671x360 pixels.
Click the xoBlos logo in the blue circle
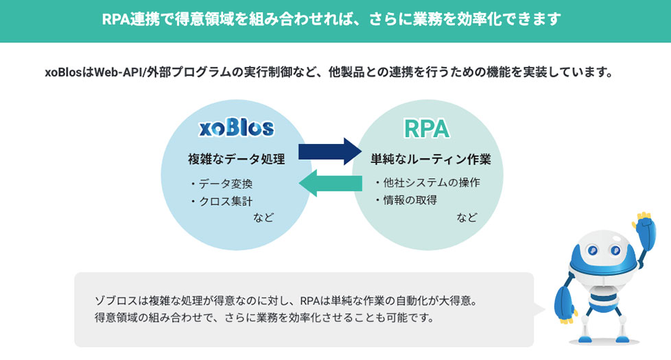point(236,128)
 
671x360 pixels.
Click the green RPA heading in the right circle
point(427,129)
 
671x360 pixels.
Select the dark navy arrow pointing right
point(329,152)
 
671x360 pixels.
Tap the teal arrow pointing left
point(331,183)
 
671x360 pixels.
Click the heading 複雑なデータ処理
point(236,159)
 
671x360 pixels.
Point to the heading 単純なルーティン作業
point(430,159)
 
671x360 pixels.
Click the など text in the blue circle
point(263,217)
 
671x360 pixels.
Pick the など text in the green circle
point(467,217)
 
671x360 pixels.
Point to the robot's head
point(604,253)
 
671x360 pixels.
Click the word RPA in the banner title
point(115,19)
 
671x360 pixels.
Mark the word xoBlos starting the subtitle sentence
point(63,72)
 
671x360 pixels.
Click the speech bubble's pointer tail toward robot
point(539,309)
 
